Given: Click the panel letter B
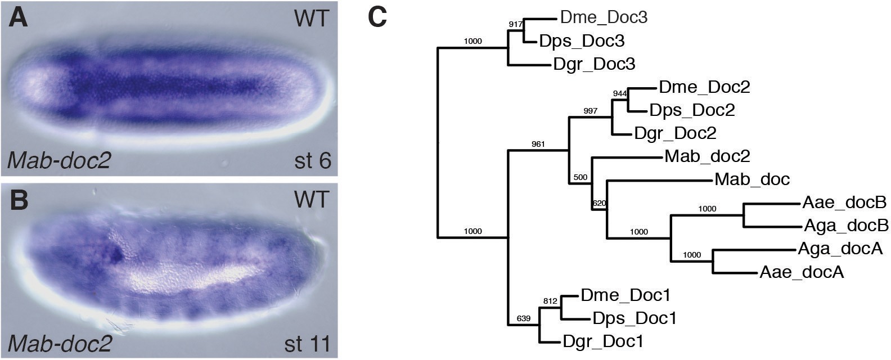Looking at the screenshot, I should point(19,201).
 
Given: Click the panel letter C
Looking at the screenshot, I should point(377,18).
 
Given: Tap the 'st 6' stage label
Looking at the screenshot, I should point(312,161).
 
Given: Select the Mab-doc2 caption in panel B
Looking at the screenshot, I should point(60,343).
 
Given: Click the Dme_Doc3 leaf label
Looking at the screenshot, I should point(604,17).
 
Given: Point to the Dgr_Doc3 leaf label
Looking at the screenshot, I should point(594,64).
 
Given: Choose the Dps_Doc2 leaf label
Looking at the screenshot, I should point(692,110).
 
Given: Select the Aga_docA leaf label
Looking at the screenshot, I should point(840,249).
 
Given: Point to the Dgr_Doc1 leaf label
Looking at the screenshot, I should point(603,341).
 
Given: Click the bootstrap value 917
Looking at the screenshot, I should point(515,24).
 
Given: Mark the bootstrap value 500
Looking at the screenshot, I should point(580,178).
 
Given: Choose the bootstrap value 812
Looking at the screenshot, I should point(550,301).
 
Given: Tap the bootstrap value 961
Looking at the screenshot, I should point(539,144).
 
